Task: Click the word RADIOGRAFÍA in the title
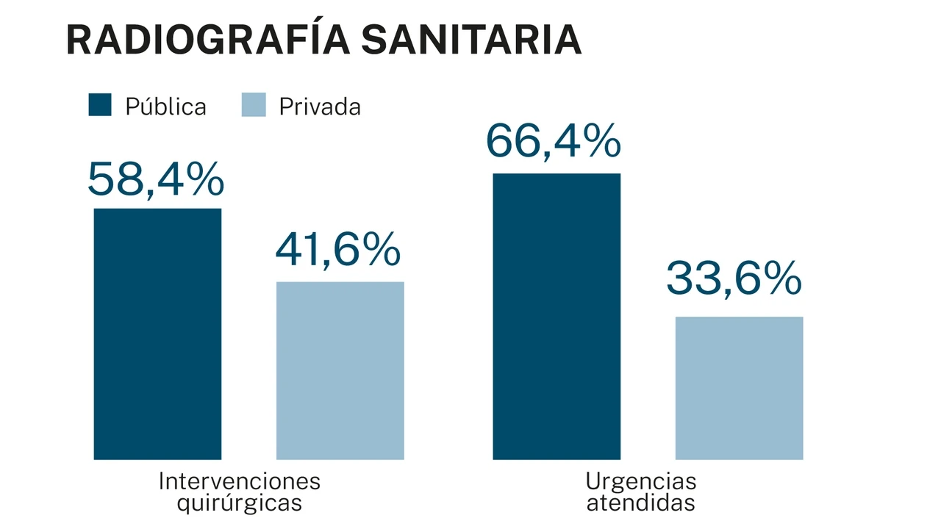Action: pyautogui.click(x=208, y=40)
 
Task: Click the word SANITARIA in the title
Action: pyautogui.click(x=471, y=40)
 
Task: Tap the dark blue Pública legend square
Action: pyautogui.click(x=100, y=105)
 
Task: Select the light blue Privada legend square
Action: pyautogui.click(x=254, y=105)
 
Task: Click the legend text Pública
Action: pyautogui.click(x=165, y=107)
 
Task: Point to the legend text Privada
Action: pyautogui.click(x=320, y=107)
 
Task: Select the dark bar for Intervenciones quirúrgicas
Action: pyautogui.click(x=157, y=334)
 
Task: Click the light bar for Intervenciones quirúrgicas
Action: pyautogui.click(x=340, y=371)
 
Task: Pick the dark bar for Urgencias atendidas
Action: pyautogui.click(x=557, y=316)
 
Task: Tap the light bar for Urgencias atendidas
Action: pyautogui.click(x=739, y=388)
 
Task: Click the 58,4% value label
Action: pyautogui.click(x=156, y=180)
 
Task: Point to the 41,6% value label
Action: pyautogui.click(x=338, y=251)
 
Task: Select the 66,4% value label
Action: pyautogui.click(x=554, y=142)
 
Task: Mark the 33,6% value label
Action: pyautogui.click(x=734, y=279)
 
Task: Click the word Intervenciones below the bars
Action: pyautogui.click(x=240, y=482)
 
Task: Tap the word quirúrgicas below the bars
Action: pyautogui.click(x=240, y=504)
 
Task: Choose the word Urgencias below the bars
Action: pyautogui.click(x=640, y=482)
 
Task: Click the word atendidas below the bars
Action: pyautogui.click(x=640, y=504)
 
